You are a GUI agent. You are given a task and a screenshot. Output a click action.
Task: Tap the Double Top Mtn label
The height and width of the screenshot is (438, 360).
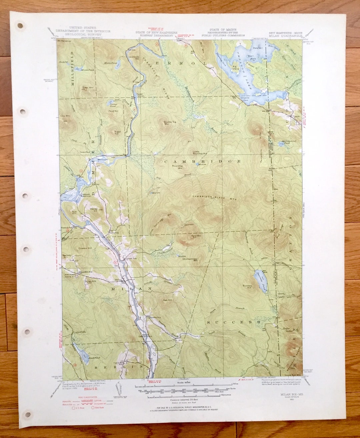[170, 123]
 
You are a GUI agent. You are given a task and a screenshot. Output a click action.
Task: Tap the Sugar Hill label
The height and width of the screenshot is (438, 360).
[118, 132]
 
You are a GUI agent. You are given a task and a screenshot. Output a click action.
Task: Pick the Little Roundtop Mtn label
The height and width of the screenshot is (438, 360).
[200, 152]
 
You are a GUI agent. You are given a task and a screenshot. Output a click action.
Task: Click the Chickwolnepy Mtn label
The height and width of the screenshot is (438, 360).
[190, 260]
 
